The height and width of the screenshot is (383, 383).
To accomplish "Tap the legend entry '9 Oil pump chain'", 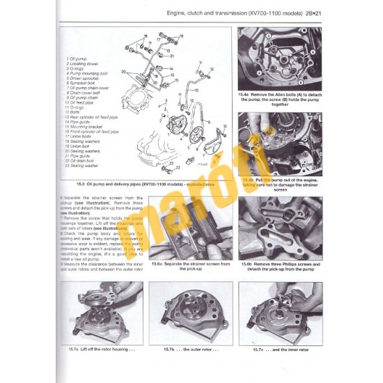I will click(x=84, y=98).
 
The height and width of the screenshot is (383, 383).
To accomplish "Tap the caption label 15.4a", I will click(x=245, y=91).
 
